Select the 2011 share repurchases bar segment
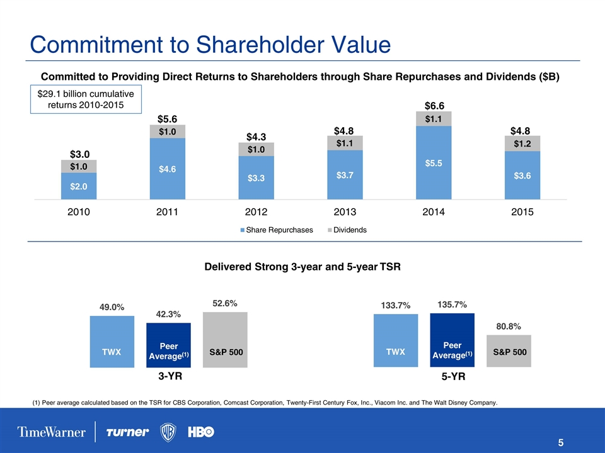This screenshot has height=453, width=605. point(167,169)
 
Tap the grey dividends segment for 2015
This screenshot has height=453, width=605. point(522,143)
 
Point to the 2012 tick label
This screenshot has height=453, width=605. point(256,212)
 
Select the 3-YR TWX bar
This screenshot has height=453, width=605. point(112,340)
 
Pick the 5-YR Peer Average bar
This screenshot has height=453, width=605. point(452,340)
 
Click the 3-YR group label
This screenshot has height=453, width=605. point(168,379)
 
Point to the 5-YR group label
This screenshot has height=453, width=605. point(452,379)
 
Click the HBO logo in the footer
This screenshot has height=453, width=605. point(201,432)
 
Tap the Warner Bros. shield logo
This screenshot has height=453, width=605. point(169,432)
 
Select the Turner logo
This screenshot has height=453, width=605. point(128,432)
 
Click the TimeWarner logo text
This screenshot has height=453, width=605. point(52,432)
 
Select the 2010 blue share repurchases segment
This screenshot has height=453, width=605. point(79,186)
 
